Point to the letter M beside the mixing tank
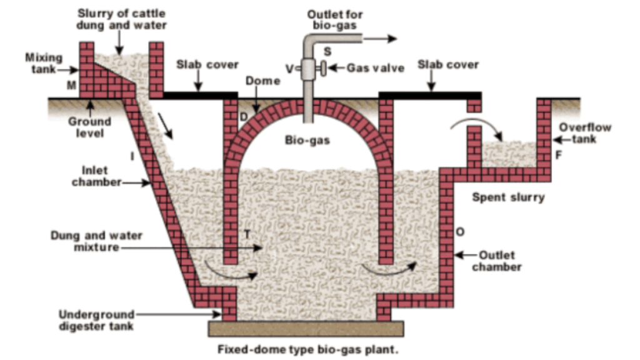[x=71, y=86]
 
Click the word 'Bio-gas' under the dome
[x=307, y=141]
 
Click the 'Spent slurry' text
[x=507, y=197]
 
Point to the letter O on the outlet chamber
[x=460, y=232]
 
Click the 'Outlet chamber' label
[x=497, y=261]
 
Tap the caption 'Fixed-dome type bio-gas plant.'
[x=307, y=349]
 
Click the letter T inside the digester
[x=247, y=234]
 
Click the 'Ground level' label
[x=89, y=127]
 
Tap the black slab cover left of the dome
[x=200, y=96]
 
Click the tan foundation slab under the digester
[x=306, y=328]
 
